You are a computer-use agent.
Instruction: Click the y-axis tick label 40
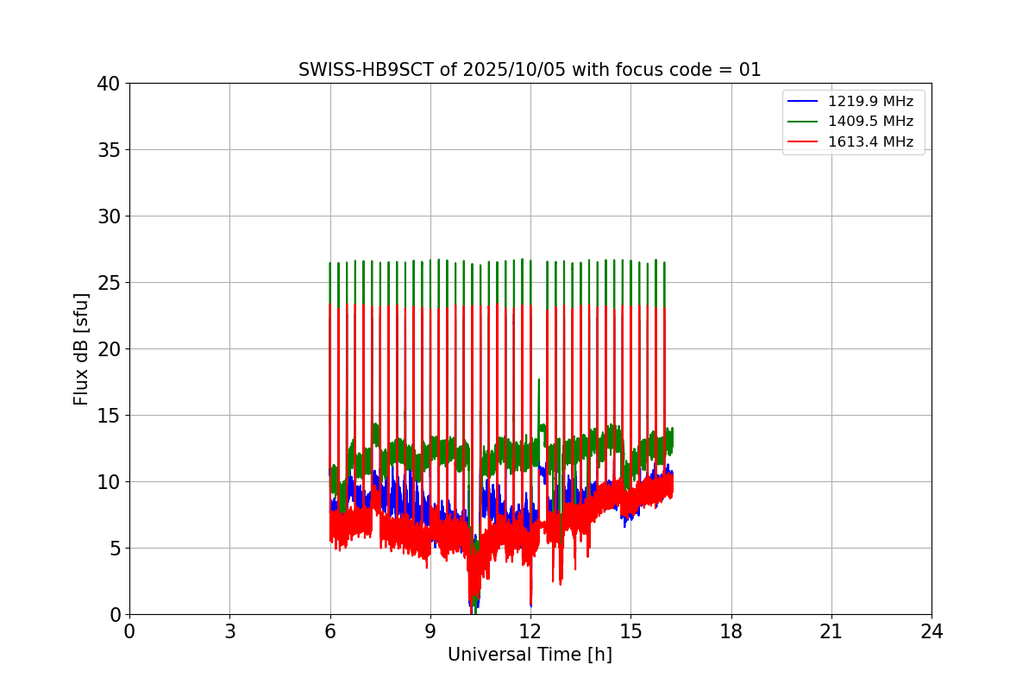(x=109, y=84)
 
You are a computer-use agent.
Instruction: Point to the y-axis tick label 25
(x=109, y=283)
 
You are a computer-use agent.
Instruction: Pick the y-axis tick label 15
(x=109, y=416)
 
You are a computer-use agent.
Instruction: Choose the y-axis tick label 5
(x=115, y=549)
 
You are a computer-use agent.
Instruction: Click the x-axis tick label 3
(x=229, y=631)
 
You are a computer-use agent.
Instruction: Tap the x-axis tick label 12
(x=530, y=631)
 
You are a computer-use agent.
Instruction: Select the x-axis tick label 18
(x=731, y=631)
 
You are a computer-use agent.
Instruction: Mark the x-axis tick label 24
(x=931, y=631)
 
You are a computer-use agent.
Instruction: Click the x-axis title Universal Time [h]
(x=530, y=655)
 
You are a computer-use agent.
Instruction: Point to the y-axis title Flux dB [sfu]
(x=81, y=348)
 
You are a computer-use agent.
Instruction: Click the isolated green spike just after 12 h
(x=539, y=384)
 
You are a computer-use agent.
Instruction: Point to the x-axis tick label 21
(x=831, y=631)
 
